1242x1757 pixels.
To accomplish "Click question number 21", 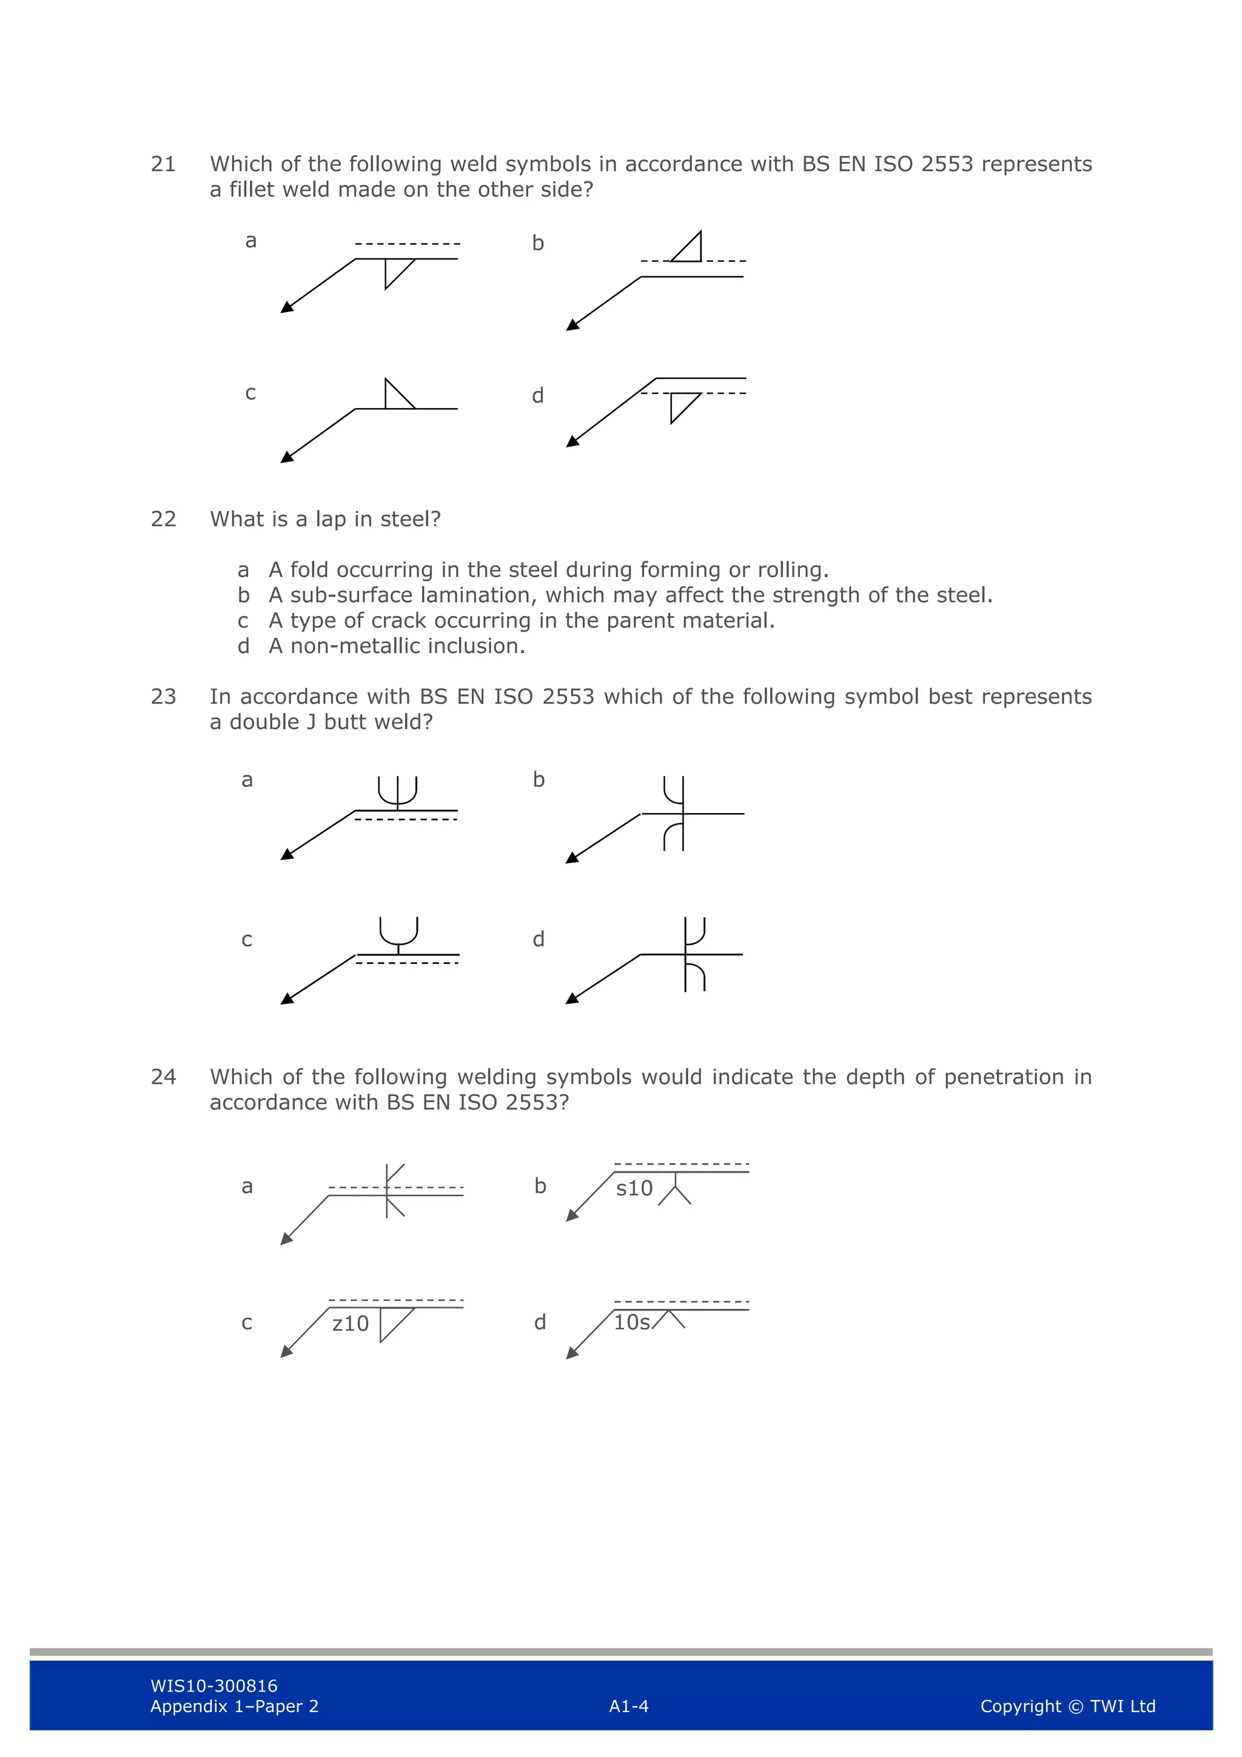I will coord(163,164).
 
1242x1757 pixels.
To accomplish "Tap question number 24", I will coord(163,1077).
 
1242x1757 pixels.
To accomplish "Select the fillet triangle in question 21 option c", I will coord(397,397).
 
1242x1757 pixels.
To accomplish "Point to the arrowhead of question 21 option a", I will coord(287,307).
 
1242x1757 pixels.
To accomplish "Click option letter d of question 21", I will coord(538,396).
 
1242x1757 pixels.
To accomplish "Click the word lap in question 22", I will coord(331,520).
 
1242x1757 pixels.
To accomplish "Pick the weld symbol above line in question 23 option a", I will coord(398,792).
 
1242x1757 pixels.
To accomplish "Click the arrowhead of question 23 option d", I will coord(572,999).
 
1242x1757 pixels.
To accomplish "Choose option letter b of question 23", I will coord(539,780).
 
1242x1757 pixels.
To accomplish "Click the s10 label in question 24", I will coord(634,1188).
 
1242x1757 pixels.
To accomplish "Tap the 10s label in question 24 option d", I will coord(632,1322).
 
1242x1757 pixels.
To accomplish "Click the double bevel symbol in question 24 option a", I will coord(394,1190).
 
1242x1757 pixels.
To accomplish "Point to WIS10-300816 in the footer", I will coord(214,1686).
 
